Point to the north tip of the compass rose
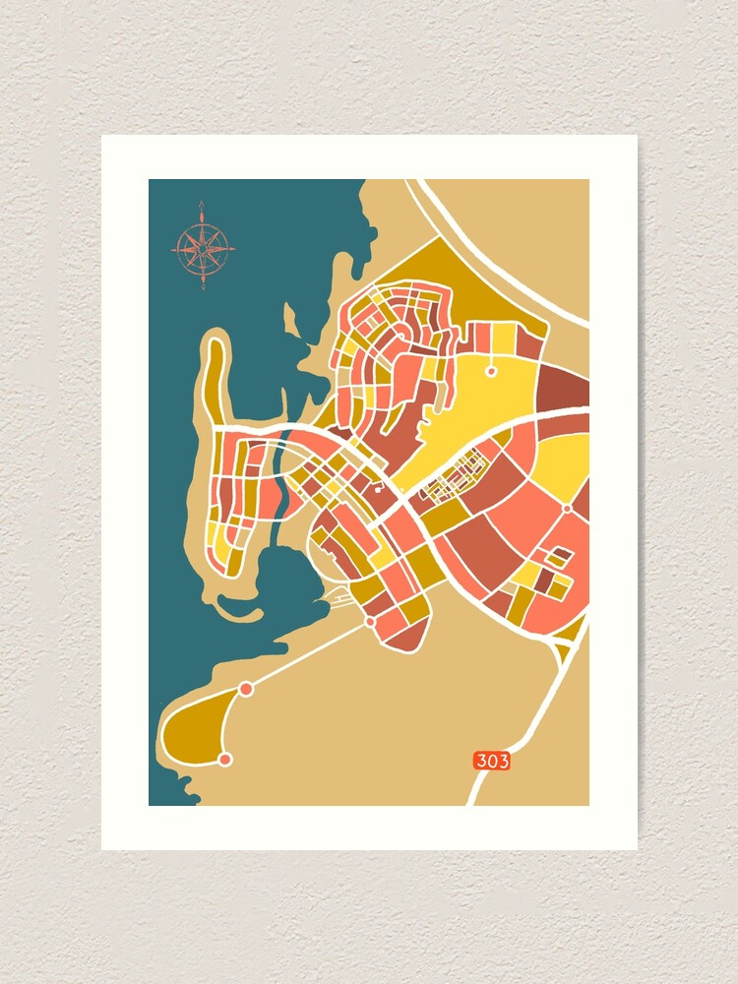[202, 204]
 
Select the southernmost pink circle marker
[225, 759]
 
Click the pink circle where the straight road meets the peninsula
[246, 689]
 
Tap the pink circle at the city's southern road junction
[370, 622]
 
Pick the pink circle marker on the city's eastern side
[568, 509]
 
